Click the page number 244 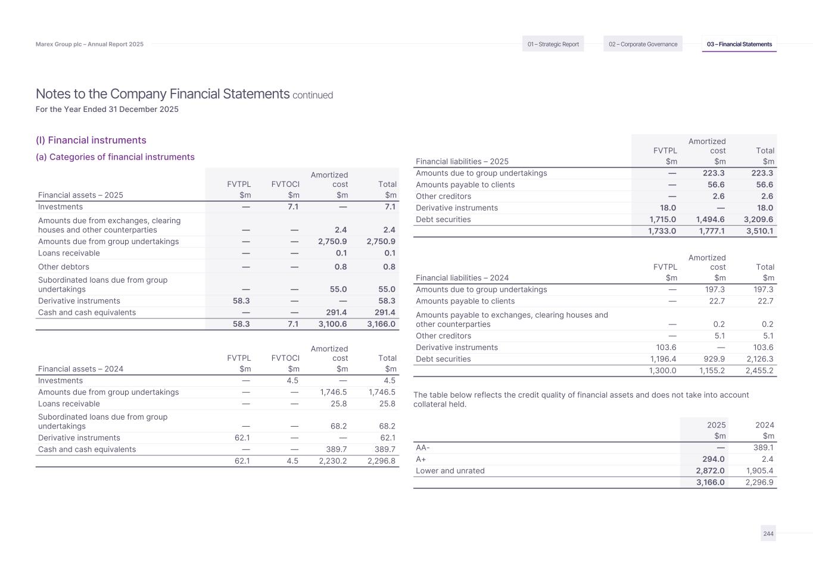[x=768, y=534]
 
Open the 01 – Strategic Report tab [x=553, y=44]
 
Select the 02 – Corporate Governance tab [x=643, y=44]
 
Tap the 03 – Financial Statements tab [x=739, y=44]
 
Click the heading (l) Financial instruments [x=91, y=140]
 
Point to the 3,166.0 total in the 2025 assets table [x=381, y=324]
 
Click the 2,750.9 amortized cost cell [x=332, y=242]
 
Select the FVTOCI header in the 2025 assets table [x=285, y=185]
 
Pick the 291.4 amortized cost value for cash [x=335, y=312]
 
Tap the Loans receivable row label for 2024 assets [x=69, y=404]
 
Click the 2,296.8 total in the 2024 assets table [x=381, y=461]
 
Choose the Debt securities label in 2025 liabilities [x=443, y=220]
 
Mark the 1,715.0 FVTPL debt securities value [x=661, y=220]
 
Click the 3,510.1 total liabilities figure [x=759, y=231]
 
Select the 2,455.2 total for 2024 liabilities [x=759, y=370]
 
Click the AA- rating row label [x=423, y=448]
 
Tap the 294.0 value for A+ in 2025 [x=714, y=460]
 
